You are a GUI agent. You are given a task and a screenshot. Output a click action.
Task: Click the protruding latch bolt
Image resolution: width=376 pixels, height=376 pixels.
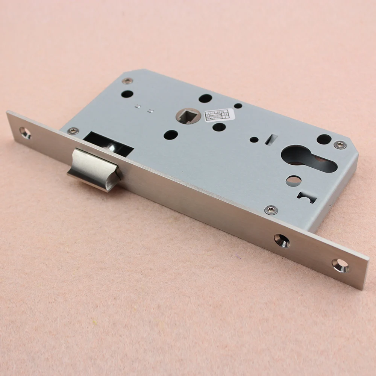pos(94,169)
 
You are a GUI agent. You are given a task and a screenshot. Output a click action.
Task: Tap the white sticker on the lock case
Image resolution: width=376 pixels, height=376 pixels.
pos(220,115)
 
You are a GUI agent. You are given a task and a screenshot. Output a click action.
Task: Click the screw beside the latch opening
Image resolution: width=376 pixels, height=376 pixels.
pos(73,131)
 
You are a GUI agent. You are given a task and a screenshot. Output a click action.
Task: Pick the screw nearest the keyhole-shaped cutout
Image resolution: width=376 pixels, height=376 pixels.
pos(340,145)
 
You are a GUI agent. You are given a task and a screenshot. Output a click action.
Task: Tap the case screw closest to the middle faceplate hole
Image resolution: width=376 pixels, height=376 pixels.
pos(271,210)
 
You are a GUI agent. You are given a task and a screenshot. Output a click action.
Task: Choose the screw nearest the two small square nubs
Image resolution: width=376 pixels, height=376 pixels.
pos(128,80)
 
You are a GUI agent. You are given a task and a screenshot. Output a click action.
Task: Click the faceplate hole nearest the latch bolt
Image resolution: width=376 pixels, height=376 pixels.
pos(25,132)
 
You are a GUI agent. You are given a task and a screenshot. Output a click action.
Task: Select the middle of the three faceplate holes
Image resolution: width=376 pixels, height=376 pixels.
pos(282,241)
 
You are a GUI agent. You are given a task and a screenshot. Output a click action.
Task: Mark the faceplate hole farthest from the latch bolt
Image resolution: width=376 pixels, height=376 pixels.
pos(341,265)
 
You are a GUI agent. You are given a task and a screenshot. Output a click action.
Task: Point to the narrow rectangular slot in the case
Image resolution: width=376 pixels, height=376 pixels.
pos(270,139)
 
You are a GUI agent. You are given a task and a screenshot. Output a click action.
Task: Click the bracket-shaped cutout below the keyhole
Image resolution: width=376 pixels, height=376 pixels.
pos(308,197)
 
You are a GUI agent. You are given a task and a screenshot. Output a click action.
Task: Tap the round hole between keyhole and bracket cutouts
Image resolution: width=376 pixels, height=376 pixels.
pos(293,181)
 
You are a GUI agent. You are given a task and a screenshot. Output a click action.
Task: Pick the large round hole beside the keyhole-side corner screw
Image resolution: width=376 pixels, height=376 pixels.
pos(324,139)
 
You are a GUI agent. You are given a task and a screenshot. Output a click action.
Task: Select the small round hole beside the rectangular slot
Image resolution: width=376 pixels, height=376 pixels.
pos(254,139)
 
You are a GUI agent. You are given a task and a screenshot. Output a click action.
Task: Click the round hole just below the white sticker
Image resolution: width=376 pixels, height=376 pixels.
pos(219,127)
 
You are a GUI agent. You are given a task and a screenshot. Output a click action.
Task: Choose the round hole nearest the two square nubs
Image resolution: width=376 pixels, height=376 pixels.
pos(127,94)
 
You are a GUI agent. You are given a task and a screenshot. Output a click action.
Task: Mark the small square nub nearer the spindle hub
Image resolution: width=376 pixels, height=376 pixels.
pos(150,111)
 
